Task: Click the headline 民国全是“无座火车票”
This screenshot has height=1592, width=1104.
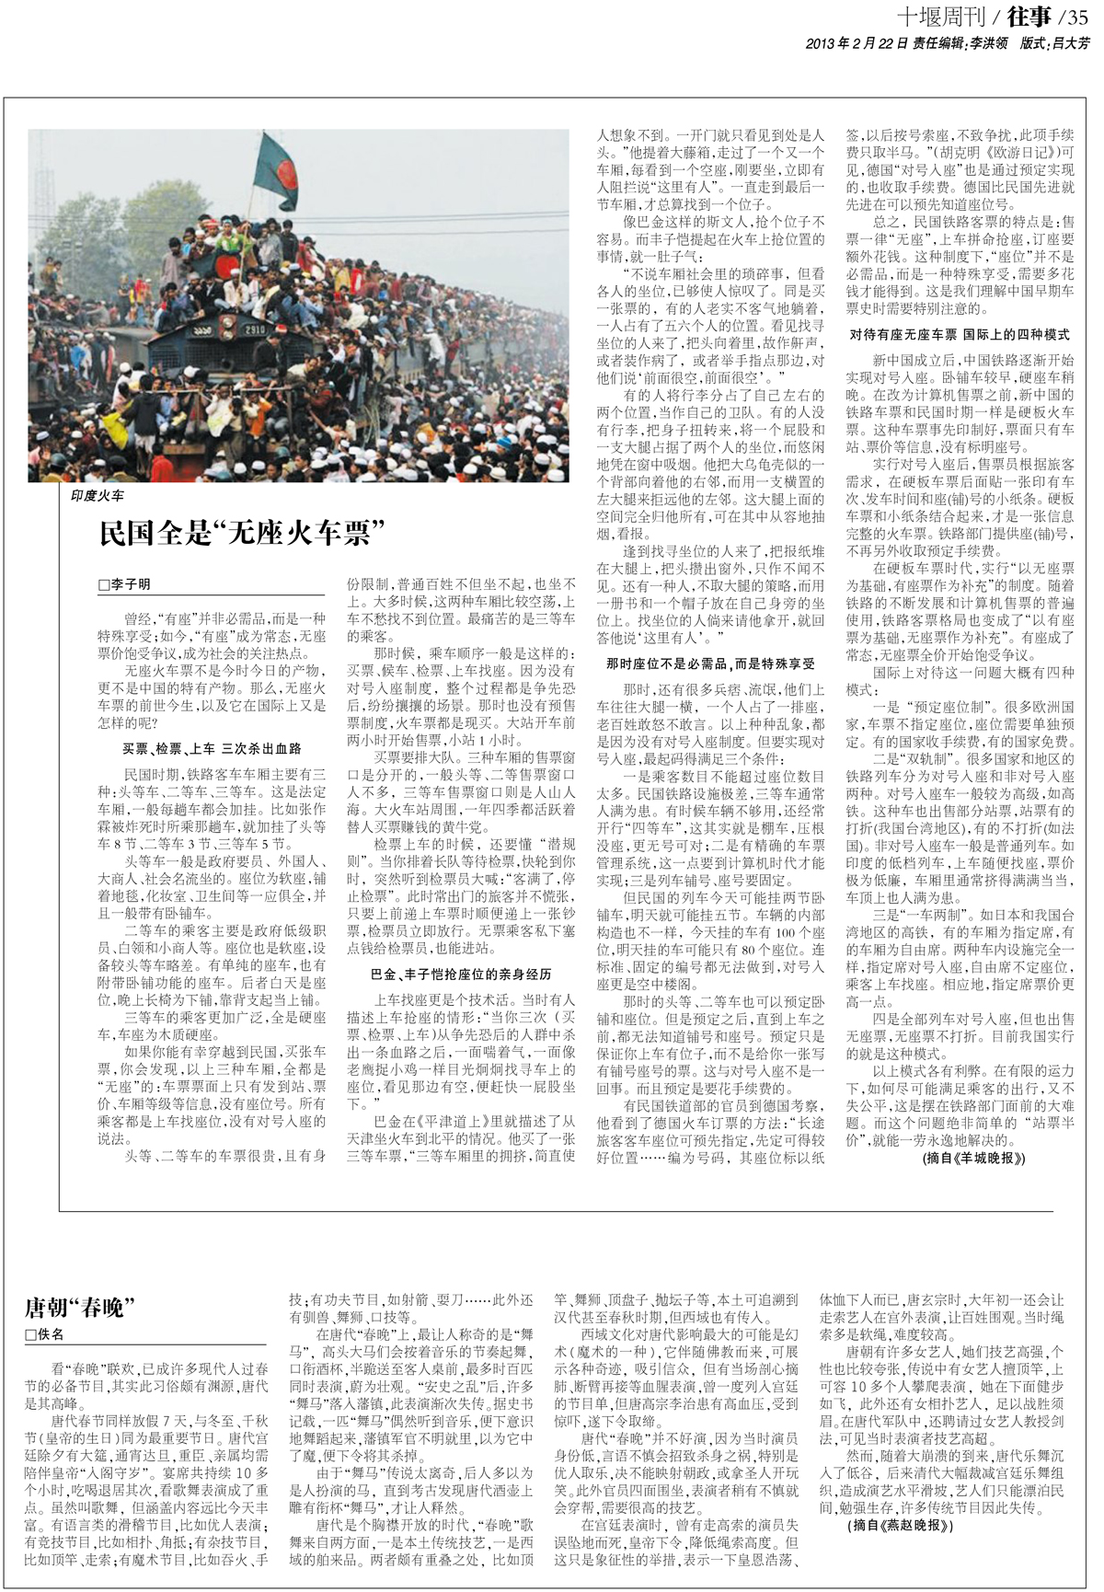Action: point(241,533)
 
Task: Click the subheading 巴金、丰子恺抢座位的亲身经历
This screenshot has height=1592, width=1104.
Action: point(462,974)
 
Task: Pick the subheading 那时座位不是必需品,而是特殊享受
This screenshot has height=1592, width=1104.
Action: point(710,663)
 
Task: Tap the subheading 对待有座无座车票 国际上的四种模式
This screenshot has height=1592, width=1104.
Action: point(960,335)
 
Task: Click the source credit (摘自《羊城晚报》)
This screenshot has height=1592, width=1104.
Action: point(973,1159)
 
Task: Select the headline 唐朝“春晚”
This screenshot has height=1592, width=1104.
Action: point(80,1307)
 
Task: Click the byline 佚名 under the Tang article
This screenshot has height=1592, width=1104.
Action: point(52,1334)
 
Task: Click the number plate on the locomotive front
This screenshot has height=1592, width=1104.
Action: point(255,327)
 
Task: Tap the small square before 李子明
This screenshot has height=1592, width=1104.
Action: point(104,585)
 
